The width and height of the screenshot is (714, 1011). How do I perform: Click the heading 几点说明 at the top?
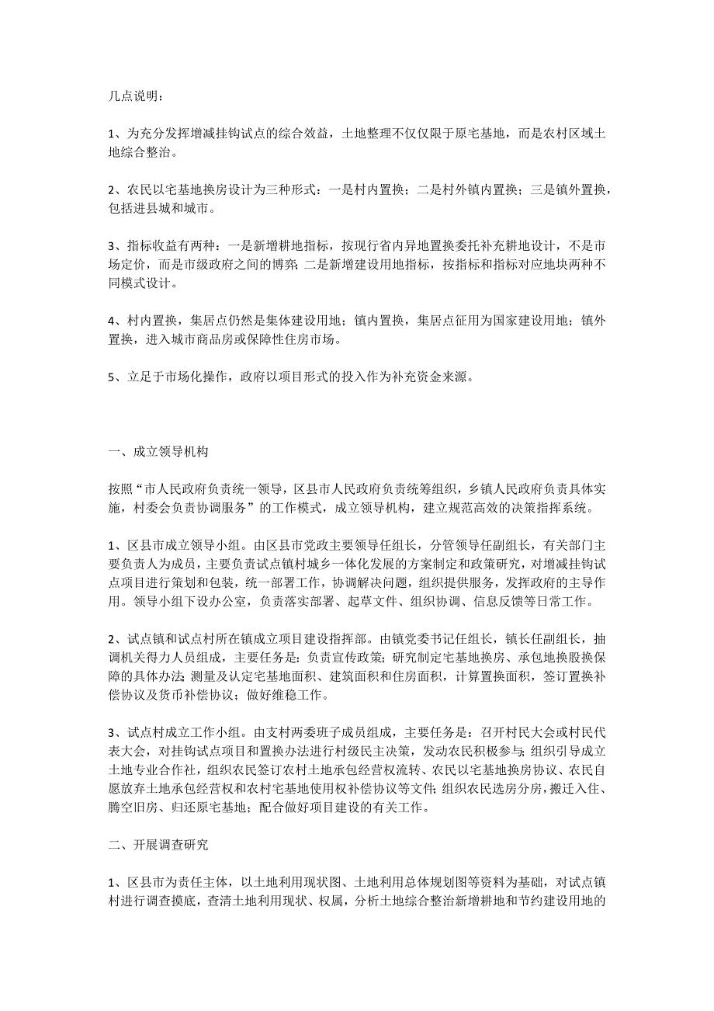tap(135, 97)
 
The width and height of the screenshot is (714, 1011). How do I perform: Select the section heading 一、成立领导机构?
tap(158, 451)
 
